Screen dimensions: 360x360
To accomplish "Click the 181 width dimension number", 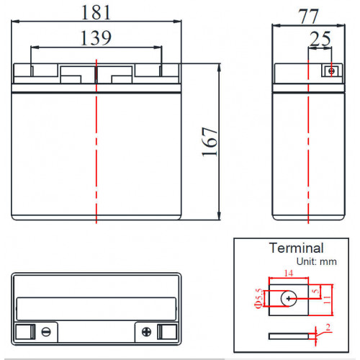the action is [x=96, y=12].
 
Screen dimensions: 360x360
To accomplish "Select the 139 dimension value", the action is [x=96, y=38].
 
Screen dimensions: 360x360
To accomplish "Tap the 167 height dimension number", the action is [x=210, y=142].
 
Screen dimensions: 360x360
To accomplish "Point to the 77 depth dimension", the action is [x=308, y=17].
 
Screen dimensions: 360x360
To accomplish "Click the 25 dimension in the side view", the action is [x=320, y=39].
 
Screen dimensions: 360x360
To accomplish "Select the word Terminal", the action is [x=297, y=248].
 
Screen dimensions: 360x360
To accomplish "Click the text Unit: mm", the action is [x=317, y=261].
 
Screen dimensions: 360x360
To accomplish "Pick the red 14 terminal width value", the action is [x=289, y=273].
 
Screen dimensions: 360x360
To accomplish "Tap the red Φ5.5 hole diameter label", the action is [x=258, y=298].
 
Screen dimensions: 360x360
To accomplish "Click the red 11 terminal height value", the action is [x=327, y=300].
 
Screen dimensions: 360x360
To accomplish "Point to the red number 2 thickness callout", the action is [x=328, y=327].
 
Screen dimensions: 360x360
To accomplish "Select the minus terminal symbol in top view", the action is [x=46, y=332].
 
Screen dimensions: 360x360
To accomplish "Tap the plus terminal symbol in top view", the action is [x=146, y=332].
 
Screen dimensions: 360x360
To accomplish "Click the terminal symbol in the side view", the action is [x=332, y=71].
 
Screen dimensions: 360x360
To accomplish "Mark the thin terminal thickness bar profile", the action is [x=289, y=336].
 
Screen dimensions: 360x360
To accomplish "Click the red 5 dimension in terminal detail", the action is [x=316, y=291].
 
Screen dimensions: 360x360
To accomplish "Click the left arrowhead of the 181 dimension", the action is [x=15, y=22].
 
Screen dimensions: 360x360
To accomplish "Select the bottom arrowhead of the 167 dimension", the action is [x=219, y=216].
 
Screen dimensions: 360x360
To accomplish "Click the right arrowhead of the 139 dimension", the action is [x=158, y=48].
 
